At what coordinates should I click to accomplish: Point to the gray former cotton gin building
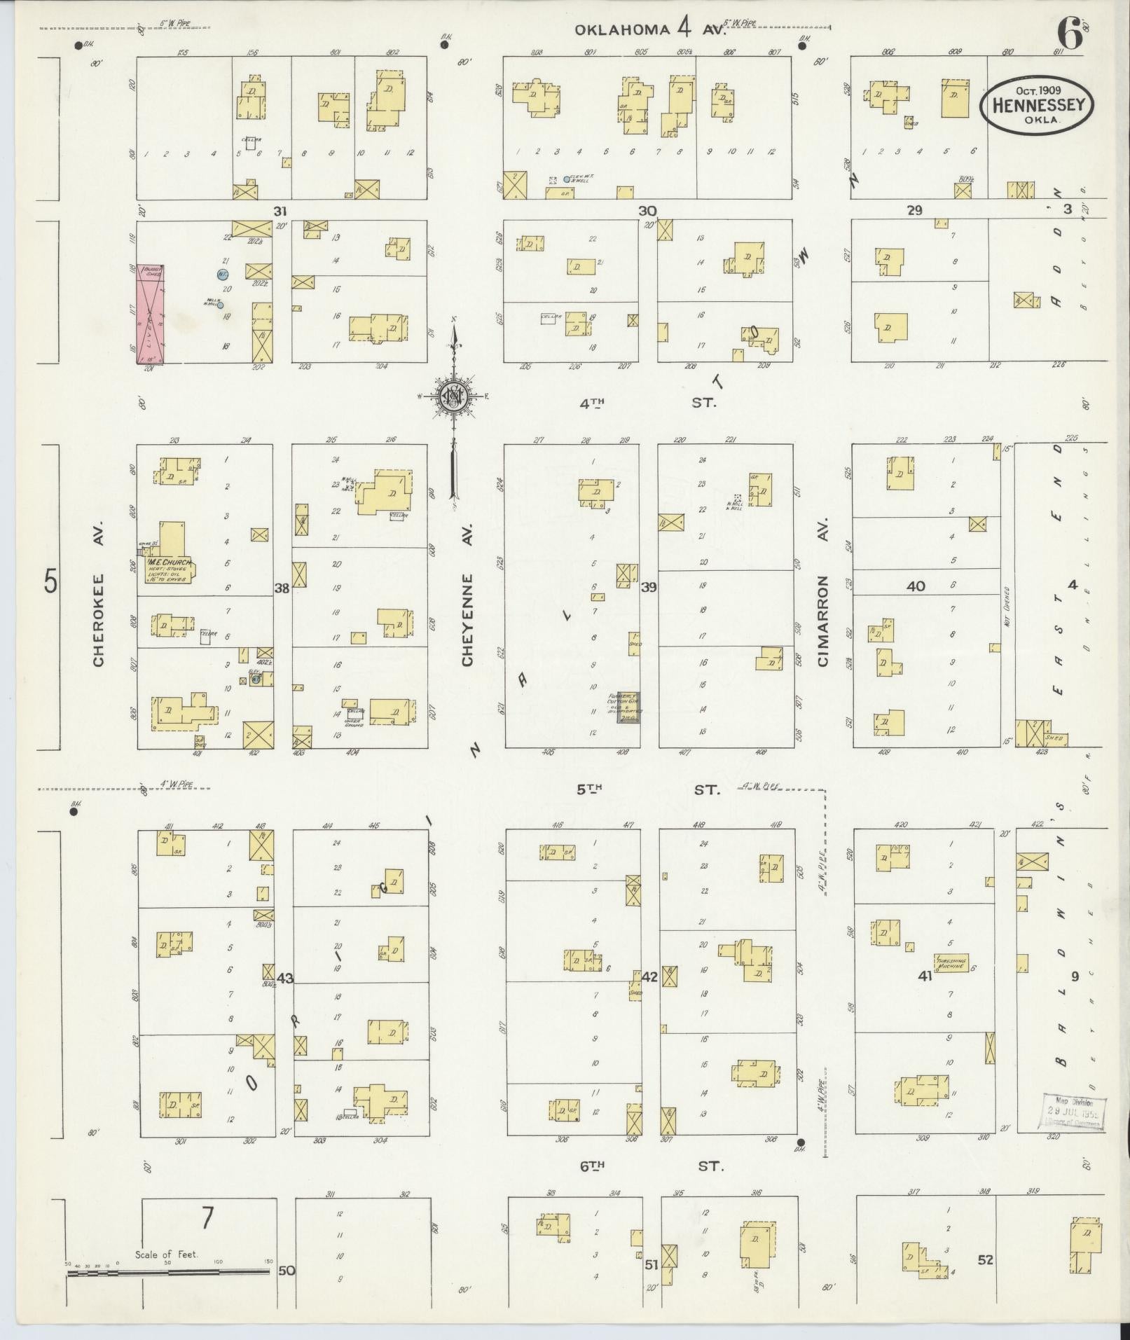tap(628, 707)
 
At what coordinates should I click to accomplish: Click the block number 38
tap(282, 588)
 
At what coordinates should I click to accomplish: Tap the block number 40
tap(916, 586)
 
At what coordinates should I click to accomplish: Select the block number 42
tap(649, 976)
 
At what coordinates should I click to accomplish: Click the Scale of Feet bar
tap(168, 1273)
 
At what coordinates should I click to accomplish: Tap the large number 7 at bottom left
tap(207, 1220)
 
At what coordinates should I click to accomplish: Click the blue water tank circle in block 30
tap(566, 179)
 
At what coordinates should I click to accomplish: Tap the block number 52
tap(986, 1260)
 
